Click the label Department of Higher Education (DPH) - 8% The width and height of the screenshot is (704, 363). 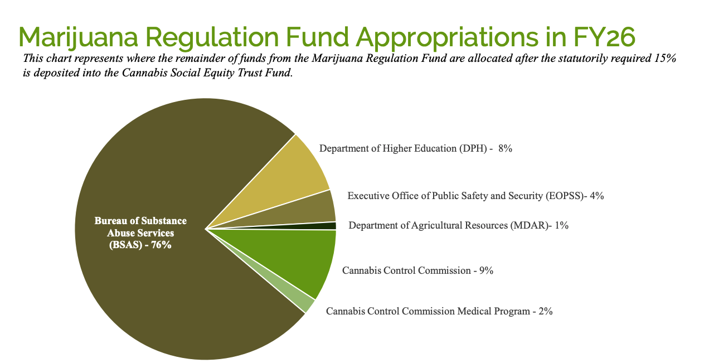(415, 148)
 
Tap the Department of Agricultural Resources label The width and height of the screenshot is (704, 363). (458, 225)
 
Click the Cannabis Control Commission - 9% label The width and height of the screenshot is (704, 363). (417, 270)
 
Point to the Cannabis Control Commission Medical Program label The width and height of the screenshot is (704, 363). (439, 311)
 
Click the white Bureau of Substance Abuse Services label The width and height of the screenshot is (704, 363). (140, 233)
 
